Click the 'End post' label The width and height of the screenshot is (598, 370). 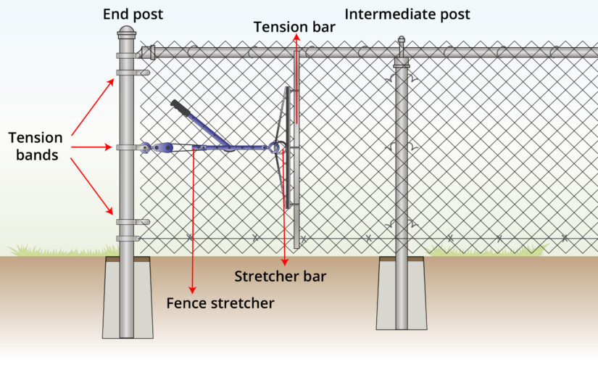tap(133, 15)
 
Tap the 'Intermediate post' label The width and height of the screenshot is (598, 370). tap(407, 15)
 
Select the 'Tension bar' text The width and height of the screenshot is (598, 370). tap(294, 27)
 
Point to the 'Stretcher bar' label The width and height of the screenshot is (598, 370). tap(281, 276)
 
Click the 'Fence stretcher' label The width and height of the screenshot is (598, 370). tap(220, 303)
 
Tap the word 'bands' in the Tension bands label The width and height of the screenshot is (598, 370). tap(37, 155)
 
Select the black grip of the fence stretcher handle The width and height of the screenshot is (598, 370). tap(180, 108)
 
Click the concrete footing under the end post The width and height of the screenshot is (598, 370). tap(128, 298)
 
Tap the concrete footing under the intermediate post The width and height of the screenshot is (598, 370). tap(402, 293)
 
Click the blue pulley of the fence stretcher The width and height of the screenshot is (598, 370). tap(165, 147)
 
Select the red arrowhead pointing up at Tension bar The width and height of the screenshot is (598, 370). tap(296, 37)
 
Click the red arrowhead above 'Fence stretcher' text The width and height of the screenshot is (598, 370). tap(193, 289)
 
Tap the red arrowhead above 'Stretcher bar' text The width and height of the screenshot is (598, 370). tap(285, 262)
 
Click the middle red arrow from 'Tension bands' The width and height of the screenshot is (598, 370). tap(91, 147)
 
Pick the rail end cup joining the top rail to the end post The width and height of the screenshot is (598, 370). tap(148, 52)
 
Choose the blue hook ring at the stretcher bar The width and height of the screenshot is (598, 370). tap(274, 147)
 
